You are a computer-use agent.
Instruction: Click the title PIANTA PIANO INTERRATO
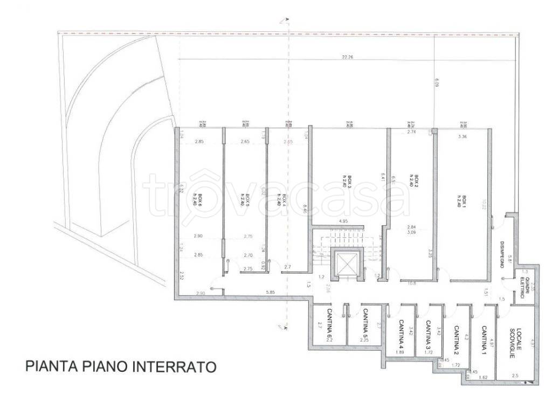(121, 366)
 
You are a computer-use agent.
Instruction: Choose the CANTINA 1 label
(484, 339)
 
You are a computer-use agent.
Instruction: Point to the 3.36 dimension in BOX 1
(462, 137)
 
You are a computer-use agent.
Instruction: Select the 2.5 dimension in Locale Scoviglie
(516, 376)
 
